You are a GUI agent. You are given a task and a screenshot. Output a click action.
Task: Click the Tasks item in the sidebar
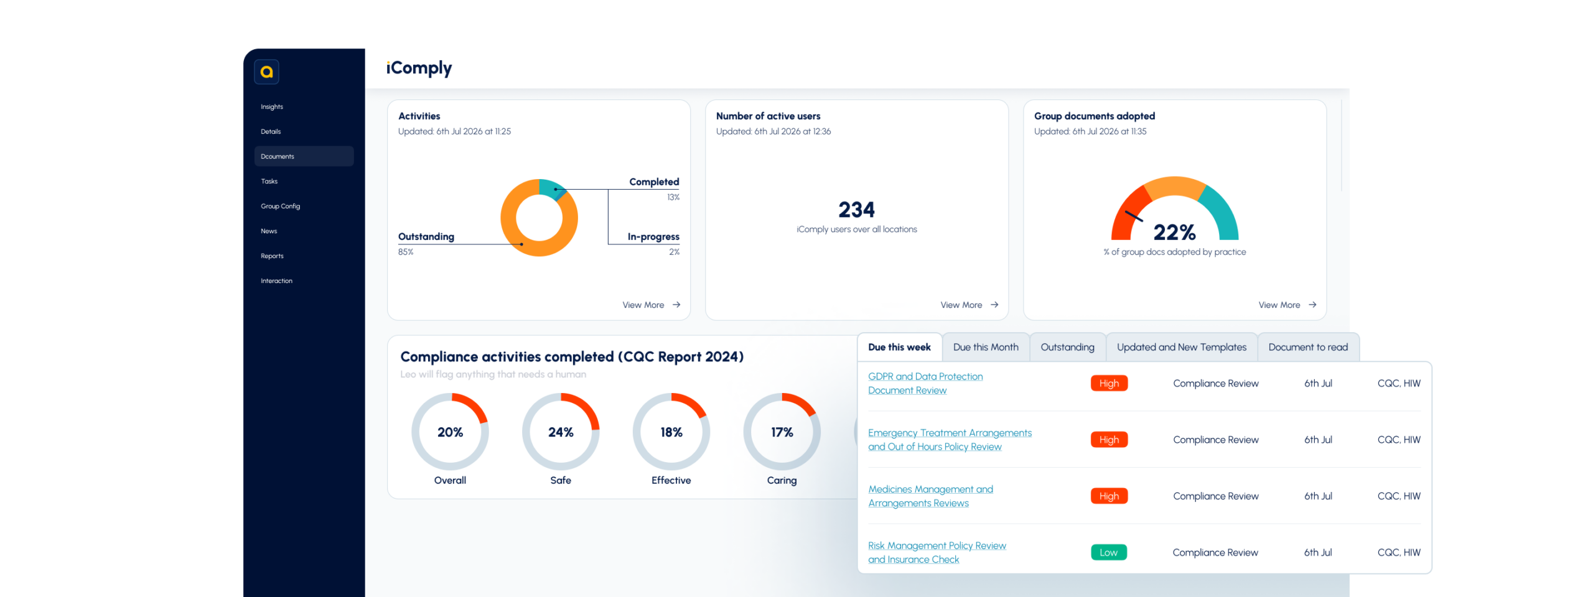coord(269,181)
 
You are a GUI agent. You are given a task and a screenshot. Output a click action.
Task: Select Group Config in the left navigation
coord(280,206)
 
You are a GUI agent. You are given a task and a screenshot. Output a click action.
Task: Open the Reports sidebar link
coord(272,256)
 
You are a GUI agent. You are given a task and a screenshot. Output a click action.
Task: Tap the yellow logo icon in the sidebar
coord(266,72)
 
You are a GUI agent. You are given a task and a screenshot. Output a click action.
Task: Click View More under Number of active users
coord(969,305)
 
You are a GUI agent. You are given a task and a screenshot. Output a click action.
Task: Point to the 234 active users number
coord(856,210)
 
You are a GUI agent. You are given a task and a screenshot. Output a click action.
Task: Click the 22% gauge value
coord(1174,232)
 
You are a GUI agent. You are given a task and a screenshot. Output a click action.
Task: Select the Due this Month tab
coord(986,347)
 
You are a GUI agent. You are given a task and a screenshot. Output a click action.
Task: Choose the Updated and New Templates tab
coord(1181,347)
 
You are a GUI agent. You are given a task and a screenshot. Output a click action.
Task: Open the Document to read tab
coord(1308,347)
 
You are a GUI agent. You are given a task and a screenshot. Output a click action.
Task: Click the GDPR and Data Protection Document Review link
coord(925,383)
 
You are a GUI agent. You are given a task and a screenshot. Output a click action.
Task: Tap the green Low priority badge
coord(1108,552)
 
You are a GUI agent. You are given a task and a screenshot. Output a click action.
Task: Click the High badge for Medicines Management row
coord(1109,496)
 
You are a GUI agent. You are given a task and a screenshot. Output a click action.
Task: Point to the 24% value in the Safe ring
coord(561,432)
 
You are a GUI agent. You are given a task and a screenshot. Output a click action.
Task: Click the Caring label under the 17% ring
coord(782,480)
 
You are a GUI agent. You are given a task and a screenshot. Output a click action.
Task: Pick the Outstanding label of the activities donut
coord(426,236)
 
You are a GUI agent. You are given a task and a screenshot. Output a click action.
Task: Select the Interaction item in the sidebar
coord(276,280)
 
